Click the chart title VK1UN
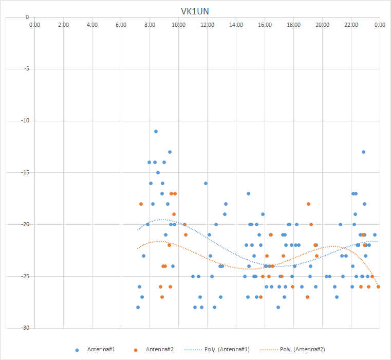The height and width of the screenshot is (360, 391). pos(195,11)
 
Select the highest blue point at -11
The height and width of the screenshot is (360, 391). pos(156,132)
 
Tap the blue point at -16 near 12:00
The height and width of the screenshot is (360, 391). pos(206,184)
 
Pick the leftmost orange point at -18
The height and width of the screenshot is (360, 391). pos(141,204)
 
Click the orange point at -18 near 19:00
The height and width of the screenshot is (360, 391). pos(308,204)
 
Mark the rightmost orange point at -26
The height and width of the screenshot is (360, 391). pos(378,287)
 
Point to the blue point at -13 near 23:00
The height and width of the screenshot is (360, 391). pos(364,152)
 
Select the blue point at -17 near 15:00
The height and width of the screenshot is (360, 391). pos(248,194)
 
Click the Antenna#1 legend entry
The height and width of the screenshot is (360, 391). pos(95,350)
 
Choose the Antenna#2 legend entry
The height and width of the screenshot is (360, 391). pos(154,350)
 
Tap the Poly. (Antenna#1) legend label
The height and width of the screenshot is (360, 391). pos(227,350)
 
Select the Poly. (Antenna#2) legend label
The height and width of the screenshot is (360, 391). pos(303,350)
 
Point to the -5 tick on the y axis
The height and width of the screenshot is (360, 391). pos(26,69)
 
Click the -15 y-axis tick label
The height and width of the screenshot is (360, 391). pos(25,172)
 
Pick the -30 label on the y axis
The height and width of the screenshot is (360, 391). pos(25,328)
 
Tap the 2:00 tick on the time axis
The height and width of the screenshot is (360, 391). pos(63,25)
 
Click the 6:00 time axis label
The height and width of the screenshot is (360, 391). pos(121,25)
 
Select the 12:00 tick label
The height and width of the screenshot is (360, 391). pos(207,25)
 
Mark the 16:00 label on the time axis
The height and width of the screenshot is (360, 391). pos(265,25)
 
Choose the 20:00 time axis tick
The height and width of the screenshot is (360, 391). pos(323,25)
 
